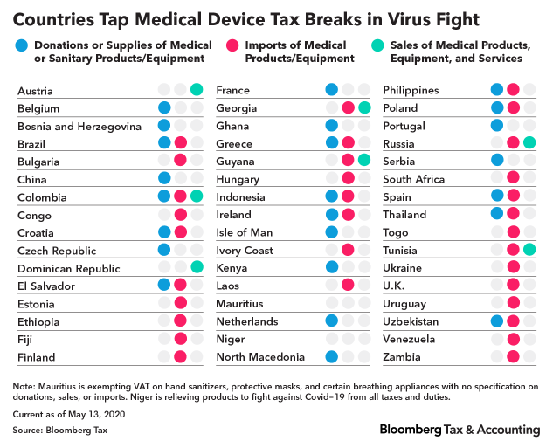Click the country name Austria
35,91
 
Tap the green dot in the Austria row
197,90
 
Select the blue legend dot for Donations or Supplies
23,45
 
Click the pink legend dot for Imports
232,45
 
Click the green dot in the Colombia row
197,196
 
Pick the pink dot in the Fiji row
181,339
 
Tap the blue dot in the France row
331,90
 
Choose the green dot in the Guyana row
363,161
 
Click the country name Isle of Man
244,232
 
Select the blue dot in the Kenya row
331,267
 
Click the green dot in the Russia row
529,143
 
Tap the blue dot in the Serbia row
497,161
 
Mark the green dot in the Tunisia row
529,250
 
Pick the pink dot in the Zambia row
514,356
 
